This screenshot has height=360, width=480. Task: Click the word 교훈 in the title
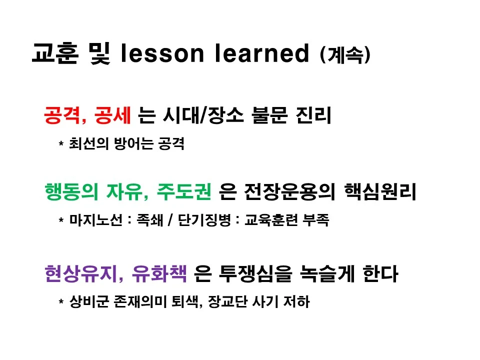pos(54,54)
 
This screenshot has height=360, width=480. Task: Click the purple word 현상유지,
pos(83,274)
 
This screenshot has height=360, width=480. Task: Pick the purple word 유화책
pos(159,274)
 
